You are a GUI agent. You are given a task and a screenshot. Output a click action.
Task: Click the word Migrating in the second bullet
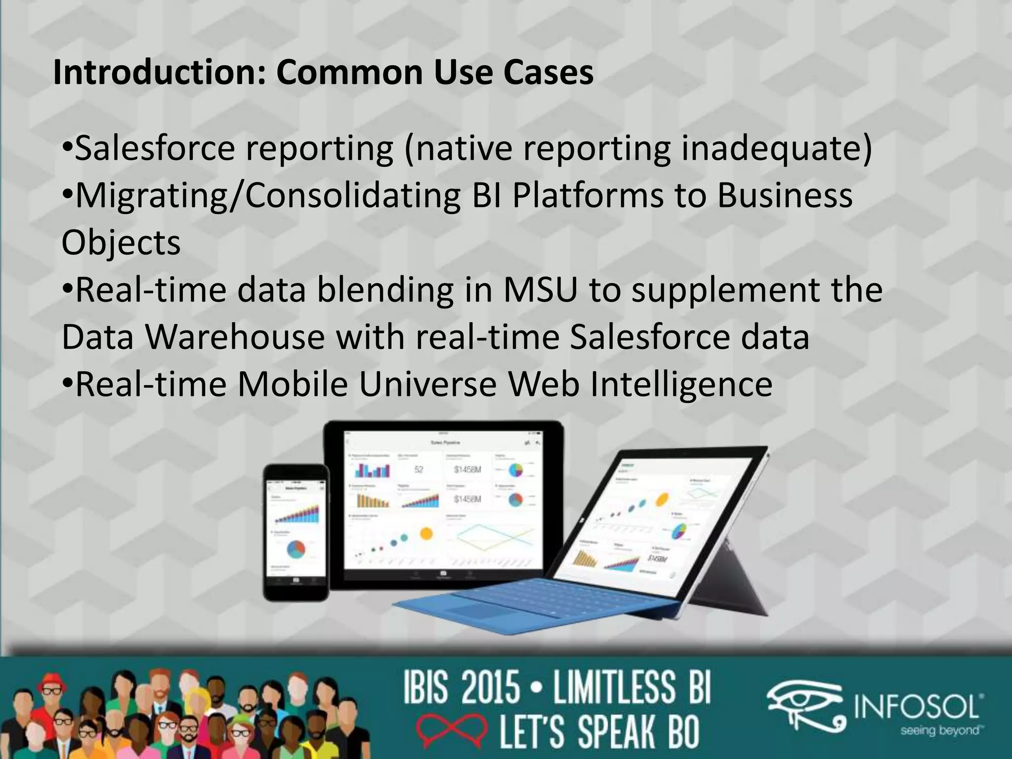[x=153, y=196]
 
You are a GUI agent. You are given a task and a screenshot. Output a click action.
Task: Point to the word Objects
[x=121, y=243]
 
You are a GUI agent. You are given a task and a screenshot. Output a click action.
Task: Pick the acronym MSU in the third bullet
[x=540, y=290]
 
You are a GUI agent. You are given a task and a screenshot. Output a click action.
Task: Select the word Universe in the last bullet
[x=428, y=384]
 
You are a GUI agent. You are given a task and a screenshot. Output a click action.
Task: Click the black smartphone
[x=296, y=533]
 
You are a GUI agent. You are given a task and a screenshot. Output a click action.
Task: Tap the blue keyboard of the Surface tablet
[x=534, y=600]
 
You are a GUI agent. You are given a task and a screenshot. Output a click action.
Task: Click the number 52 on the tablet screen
[x=419, y=469]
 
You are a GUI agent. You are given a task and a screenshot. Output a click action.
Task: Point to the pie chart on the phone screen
[x=295, y=548]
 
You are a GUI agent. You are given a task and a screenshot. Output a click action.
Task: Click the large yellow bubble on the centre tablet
[x=426, y=533]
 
